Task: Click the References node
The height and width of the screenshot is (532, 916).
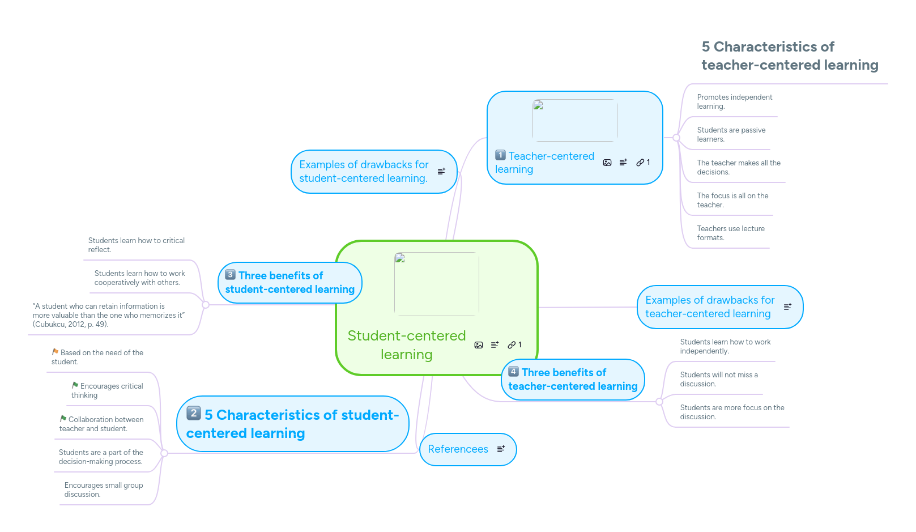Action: tap(458, 449)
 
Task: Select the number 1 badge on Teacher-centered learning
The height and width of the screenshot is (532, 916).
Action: tap(500, 155)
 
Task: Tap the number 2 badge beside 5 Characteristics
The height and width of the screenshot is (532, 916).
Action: tap(194, 413)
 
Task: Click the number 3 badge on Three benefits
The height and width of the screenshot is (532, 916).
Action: tap(230, 275)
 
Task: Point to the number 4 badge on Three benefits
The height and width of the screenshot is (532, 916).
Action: tap(513, 372)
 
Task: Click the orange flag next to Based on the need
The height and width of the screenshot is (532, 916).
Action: tap(56, 352)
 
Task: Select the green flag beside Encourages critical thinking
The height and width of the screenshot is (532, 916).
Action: tap(75, 385)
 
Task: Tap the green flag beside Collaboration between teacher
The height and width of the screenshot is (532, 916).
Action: tap(63, 419)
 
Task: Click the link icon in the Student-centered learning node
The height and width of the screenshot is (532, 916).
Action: tap(512, 344)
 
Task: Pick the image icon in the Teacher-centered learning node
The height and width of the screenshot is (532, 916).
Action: tap(607, 163)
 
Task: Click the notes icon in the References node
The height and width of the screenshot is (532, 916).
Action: tap(501, 449)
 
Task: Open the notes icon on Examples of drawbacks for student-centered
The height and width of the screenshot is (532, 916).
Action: tap(441, 171)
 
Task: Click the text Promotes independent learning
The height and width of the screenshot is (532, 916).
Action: tap(734, 102)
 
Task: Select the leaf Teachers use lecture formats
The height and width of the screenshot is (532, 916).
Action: tap(730, 233)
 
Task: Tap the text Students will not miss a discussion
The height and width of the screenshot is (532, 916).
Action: tap(718, 380)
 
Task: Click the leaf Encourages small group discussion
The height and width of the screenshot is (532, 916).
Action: tap(103, 490)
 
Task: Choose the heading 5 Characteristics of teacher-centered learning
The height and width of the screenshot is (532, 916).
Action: tap(789, 56)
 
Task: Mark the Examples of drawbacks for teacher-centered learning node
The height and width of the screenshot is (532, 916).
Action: tap(709, 307)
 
